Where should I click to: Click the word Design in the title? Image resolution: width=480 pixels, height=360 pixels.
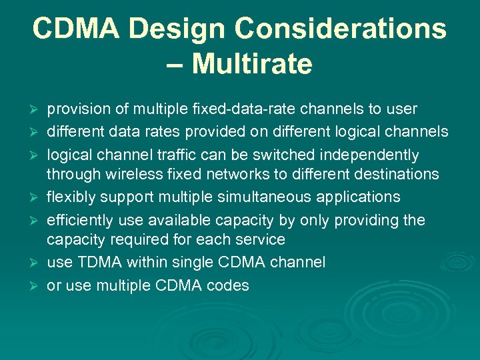pos(175,29)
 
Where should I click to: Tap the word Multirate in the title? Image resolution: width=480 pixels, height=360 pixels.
pos(253,65)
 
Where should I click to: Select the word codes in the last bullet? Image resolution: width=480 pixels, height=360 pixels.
pos(229,285)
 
